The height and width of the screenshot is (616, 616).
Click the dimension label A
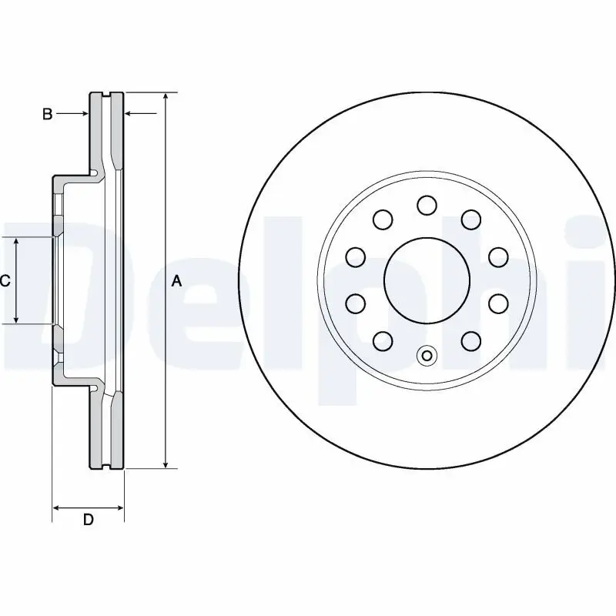click(176, 282)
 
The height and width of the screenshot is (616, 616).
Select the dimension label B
click(47, 114)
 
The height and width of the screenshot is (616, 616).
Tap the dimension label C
click(5, 281)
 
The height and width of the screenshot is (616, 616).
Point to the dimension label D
click(89, 520)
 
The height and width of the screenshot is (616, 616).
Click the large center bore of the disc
click(427, 280)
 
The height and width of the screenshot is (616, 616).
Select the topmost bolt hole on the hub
click(427, 205)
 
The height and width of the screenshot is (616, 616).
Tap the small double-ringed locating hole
click(427, 356)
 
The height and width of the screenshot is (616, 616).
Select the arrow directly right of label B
click(83, 114)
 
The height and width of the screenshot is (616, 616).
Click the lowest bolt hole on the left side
click(382, 340)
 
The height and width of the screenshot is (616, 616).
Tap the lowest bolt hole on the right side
click(471, 340)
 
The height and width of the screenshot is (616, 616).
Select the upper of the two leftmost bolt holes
click(355, 256)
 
